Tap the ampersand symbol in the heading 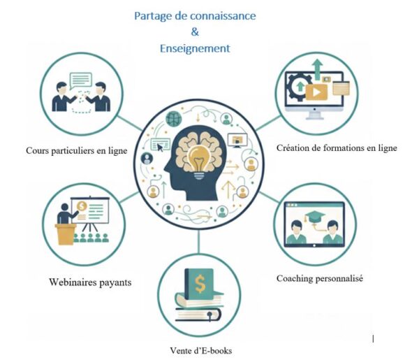pyautogui.click(x=195, y=31)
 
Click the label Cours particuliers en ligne pyautogui.click(x=80, y=150)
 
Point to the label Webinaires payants pyautogui.click(x=90, y=282)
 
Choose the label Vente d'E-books pyautogui.click(x=200, y=350)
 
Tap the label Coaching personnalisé pyautogui.click(x=319, y=278)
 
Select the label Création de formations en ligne pyautogui.click(x=337, y=147)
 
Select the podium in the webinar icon pyautogui.click(x=66, y=233)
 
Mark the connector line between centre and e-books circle pyautogui.click(x=200, y=240)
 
